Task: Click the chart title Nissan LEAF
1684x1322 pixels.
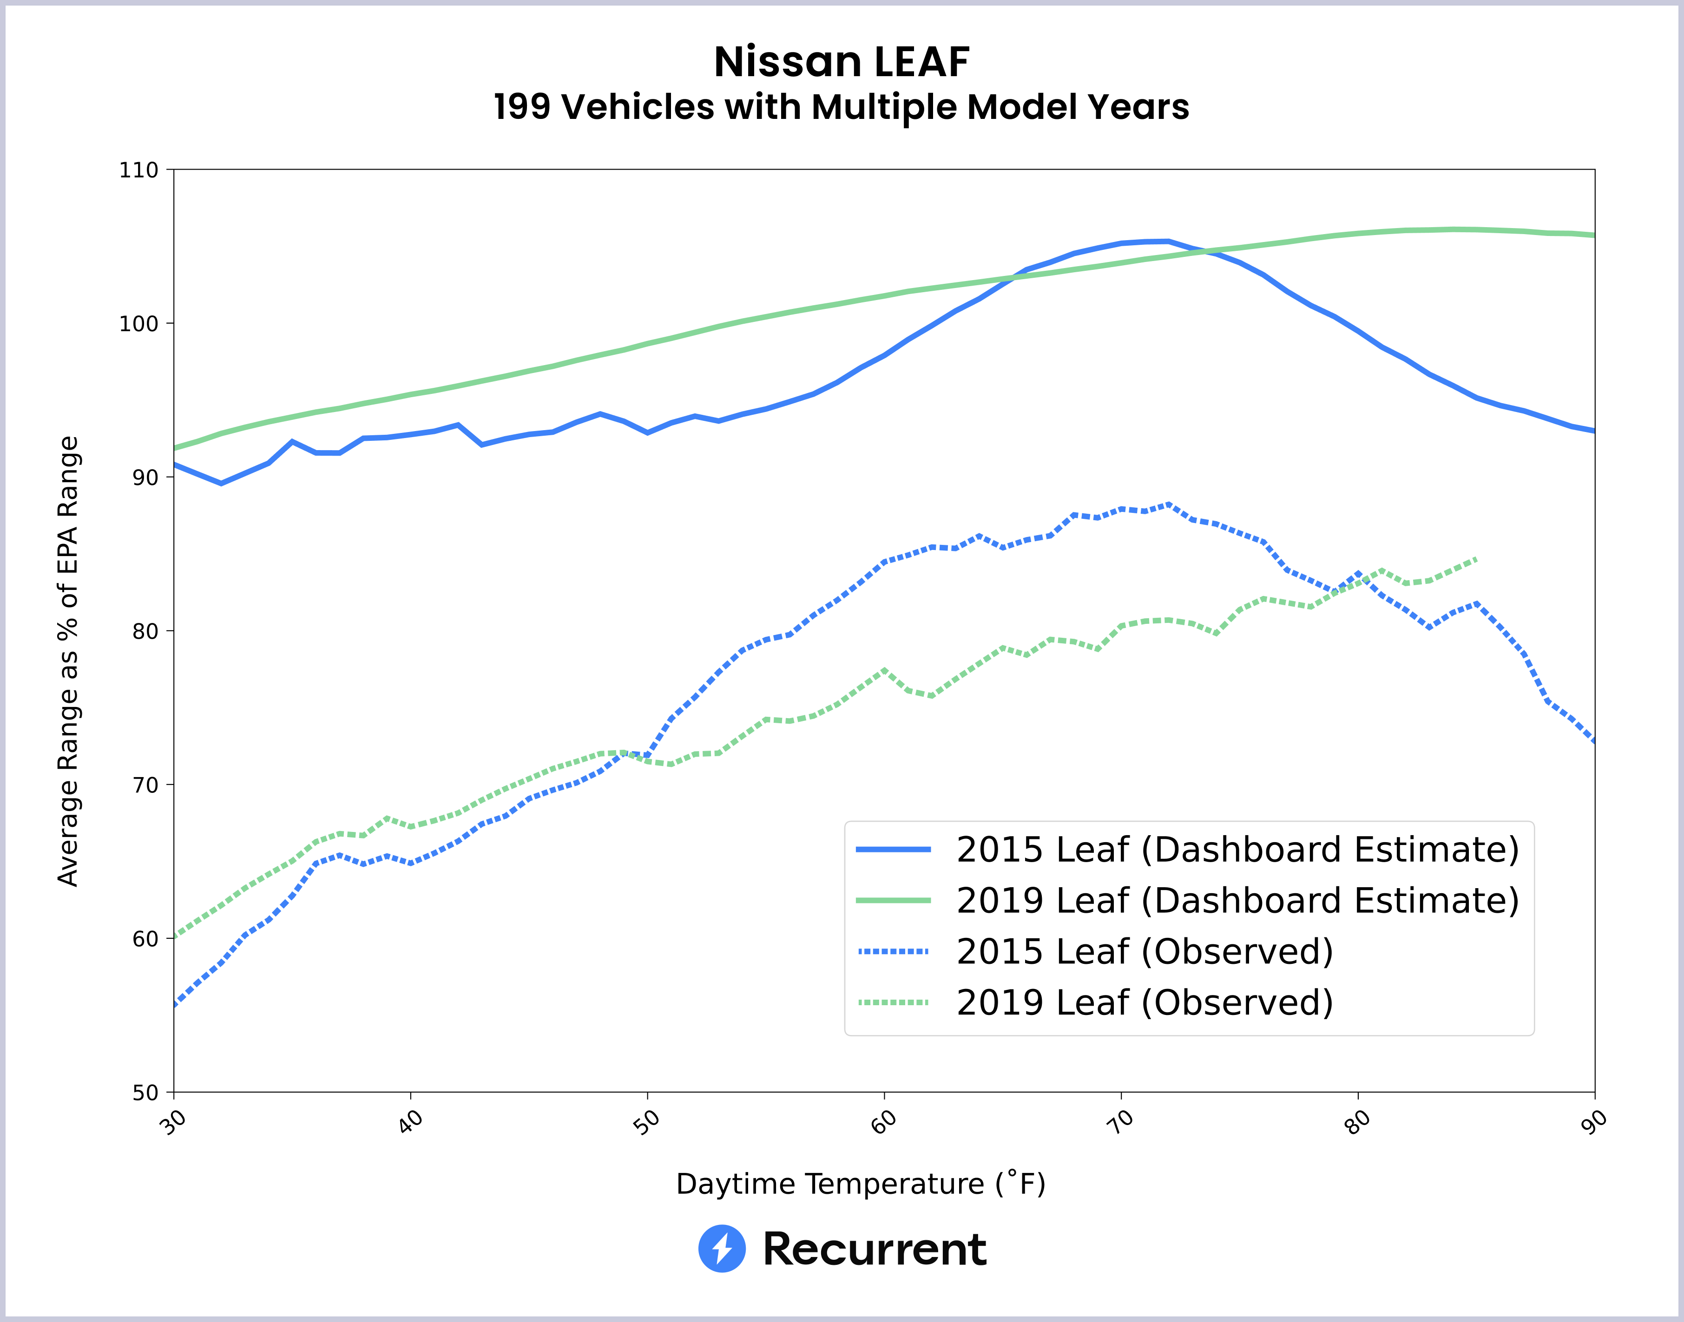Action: tap(841, 62)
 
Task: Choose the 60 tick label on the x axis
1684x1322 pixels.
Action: tap(883, 1121)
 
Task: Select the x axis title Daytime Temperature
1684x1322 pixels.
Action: tap(860, 1184)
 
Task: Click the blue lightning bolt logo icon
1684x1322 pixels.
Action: tap(722, 1249)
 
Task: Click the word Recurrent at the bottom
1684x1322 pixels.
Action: tap(874, 1249)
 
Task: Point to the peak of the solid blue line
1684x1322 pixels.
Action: tap(1158, 242)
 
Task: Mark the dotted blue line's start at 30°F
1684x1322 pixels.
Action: tap(175, 1005)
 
